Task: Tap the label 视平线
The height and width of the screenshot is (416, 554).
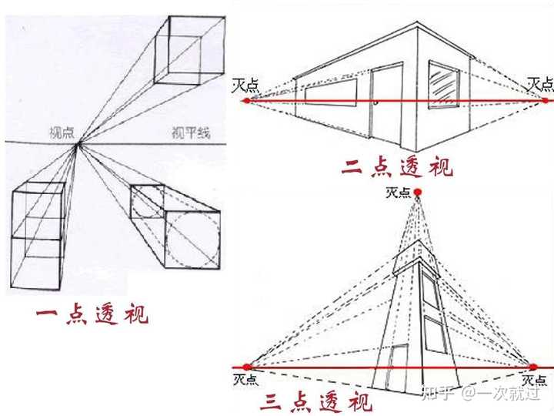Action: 190,133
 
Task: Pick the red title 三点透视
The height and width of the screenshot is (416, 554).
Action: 315,401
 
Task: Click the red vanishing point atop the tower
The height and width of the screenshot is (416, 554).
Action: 417,192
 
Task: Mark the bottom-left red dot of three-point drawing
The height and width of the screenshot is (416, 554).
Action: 247,367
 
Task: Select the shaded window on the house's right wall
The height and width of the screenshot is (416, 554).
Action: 444,86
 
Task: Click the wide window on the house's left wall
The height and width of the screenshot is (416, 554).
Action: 330,94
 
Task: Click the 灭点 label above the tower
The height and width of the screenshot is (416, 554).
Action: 399,193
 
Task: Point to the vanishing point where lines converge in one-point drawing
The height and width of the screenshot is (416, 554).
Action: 77,144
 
